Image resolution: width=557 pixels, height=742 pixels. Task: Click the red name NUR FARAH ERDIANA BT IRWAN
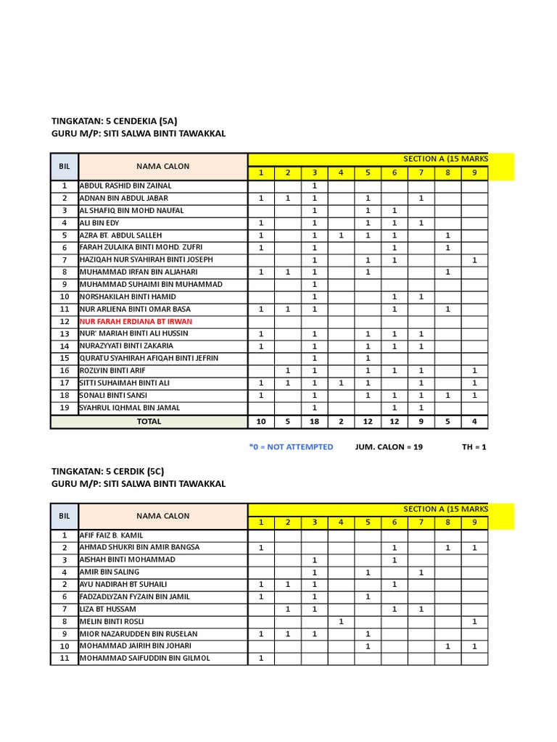point(136,321)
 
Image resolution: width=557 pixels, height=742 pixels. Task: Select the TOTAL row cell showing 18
point(314,421)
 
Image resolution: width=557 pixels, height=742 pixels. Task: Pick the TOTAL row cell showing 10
point(261,421)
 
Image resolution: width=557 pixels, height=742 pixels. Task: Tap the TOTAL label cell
point(149,421)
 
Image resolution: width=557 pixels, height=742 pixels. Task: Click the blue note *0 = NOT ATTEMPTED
point(290,447)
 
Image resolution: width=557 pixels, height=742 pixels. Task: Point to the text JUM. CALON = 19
point(389,447)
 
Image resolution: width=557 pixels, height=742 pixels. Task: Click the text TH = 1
point(474,447)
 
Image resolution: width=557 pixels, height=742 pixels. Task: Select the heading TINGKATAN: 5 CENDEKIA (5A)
point(115,121)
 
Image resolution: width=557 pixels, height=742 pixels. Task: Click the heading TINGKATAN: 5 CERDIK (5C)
point(108,471)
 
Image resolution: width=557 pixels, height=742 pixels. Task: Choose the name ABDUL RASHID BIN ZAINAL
point(125,185)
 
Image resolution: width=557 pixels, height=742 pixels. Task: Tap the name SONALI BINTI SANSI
point(113,395)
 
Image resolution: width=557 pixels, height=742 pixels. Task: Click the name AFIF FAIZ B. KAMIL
point(111,535)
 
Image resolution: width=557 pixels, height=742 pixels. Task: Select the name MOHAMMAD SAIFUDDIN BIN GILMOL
point(145,658)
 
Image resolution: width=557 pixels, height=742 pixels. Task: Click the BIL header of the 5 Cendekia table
point(65,166)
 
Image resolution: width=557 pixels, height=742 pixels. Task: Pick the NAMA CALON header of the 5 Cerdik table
point(163,516)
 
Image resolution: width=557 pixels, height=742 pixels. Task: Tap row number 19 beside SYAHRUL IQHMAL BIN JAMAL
point(65,407)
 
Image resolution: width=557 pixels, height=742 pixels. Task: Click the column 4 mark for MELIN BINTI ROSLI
point(341,621)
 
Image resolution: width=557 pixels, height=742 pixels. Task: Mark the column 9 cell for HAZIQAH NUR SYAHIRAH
point(474,259)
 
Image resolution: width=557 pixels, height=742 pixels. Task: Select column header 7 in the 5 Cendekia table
point(421,172)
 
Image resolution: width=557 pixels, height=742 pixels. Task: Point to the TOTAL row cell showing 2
point(341,421)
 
